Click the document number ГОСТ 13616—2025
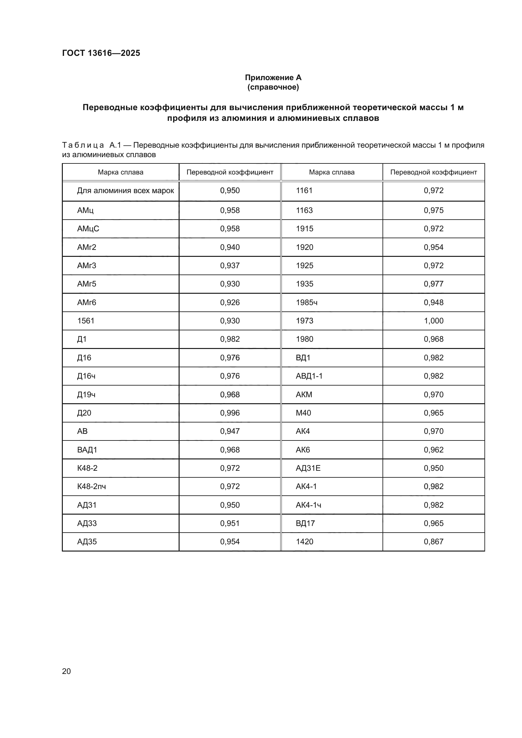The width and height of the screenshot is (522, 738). tap(101, 53)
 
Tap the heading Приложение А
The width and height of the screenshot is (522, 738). tap(273, 78)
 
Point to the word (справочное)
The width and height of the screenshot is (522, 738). tap(273, 87)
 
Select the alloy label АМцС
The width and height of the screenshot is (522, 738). tap(88, 228)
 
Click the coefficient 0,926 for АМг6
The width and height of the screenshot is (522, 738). tap(230, 303)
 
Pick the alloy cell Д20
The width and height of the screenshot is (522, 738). tap(84, 413)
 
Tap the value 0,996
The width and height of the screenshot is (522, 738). tap(230, 413)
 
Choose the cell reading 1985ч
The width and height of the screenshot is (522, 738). tap(307, 303)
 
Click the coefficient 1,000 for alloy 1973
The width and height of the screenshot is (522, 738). tap(433, 321)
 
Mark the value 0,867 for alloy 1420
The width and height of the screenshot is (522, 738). tap(433, 542)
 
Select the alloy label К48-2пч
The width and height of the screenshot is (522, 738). tap(91, 486)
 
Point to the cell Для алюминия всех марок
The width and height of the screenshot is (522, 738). tap(125, 191)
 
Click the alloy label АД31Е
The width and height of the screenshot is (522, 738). tap(308, 468)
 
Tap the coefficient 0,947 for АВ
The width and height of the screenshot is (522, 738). tap(230, 431)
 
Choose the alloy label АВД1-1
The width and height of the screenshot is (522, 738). tap(309, 376)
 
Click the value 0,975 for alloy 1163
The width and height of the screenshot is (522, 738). tap(433, 210)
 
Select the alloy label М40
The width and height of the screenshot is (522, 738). tap(303, 413)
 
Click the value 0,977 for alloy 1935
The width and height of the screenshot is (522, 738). tap(433, 284)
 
